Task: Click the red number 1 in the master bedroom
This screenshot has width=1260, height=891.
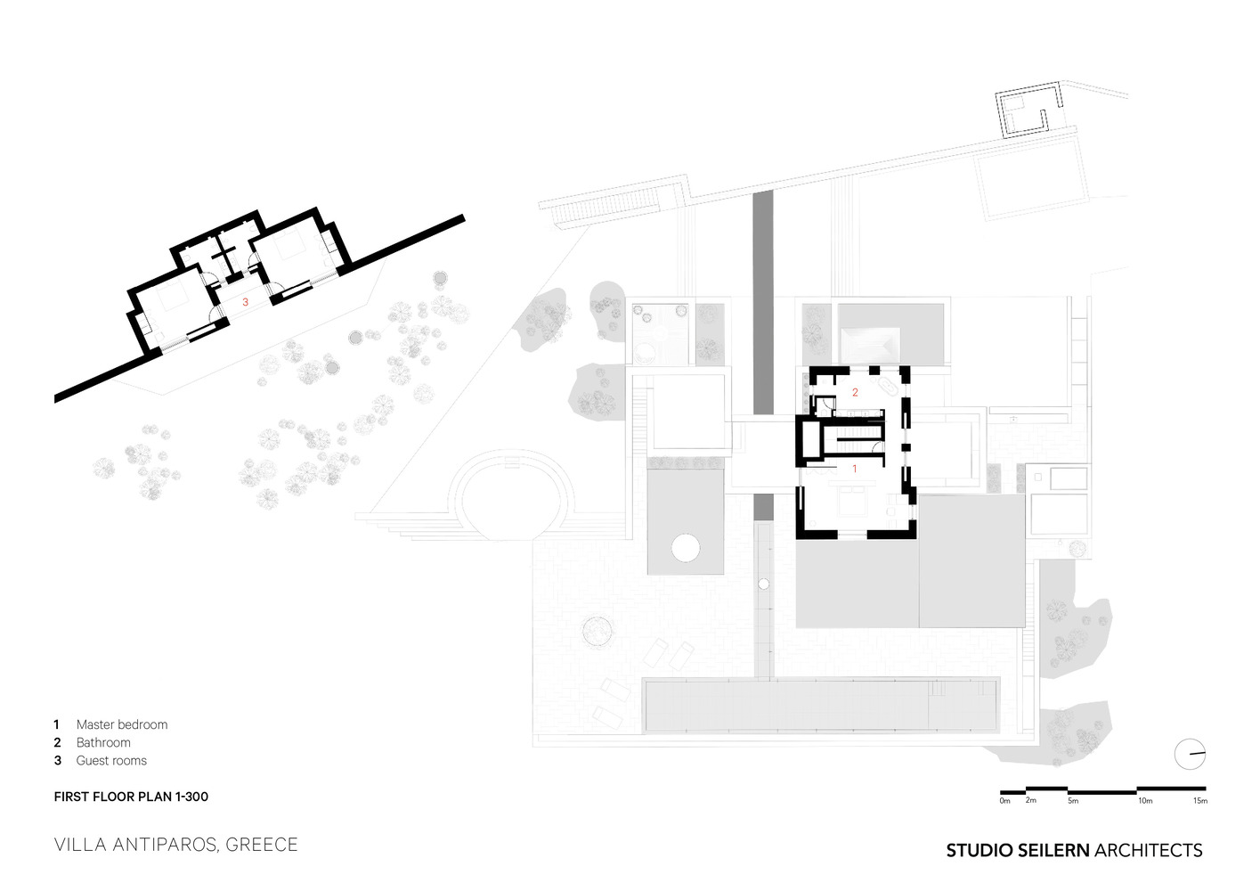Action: tap(855, 469)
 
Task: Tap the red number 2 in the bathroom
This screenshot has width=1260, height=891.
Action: tap(855, 392)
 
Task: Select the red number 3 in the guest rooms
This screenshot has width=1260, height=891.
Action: tap(245, 302)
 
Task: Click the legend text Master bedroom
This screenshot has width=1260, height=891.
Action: tap(122, 724)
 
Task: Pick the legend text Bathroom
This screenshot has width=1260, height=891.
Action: tap(103, 742)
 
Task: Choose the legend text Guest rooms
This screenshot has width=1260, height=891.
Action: tap(111, 760)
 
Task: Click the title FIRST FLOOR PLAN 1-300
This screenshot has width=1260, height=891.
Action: tap(131, 797)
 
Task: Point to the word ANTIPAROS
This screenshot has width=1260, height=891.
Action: tap(165, 845)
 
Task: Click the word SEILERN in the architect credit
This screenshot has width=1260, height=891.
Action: tap(1053, 850)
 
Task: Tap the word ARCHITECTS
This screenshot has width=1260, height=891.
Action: tap(1148, 850)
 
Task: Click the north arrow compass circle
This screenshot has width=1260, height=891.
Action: tap(1190, 754)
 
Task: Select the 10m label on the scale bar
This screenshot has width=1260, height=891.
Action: tap(1145, 800)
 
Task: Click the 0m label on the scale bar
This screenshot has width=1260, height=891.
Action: tap(1004, 800)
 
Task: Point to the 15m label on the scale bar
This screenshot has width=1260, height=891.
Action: tap(1200, 800)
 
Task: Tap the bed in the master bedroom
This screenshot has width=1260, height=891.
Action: tap(852, 502)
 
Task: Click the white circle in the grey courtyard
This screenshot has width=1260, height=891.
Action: tap(686, 548)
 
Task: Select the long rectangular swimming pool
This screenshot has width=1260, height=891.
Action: tap(821, 705)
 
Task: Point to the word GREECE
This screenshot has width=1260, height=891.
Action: tap(262, 845)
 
